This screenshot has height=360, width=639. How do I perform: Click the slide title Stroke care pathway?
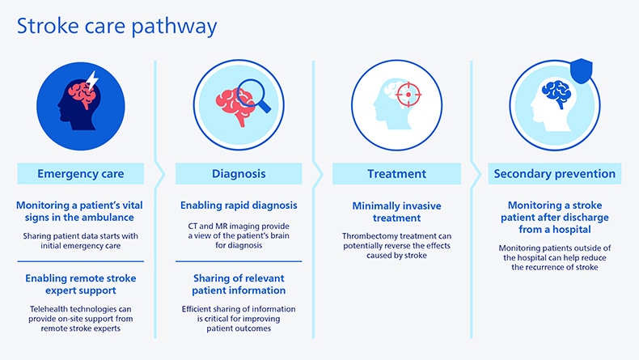tap(116, 26)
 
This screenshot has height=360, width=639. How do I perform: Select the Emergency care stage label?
tap(80, 173)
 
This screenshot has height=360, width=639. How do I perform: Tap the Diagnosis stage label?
tap(239, 173)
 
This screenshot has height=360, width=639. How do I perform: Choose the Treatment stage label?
tap(396, 173)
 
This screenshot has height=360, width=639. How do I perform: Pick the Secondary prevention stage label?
tap(555, 173)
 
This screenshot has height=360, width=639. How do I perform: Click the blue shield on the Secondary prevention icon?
tap(582, 72)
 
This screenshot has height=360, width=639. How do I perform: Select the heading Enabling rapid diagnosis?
tap(239, 205)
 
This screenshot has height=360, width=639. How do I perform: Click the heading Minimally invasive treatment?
tap(396, 212)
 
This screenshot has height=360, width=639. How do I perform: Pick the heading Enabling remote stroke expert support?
tap(80, 284)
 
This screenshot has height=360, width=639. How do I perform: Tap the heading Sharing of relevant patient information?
tap(239, 284)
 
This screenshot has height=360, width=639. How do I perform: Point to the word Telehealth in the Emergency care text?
tap(49, 309)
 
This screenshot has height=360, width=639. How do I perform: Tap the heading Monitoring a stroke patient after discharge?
tap(553, 218)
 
